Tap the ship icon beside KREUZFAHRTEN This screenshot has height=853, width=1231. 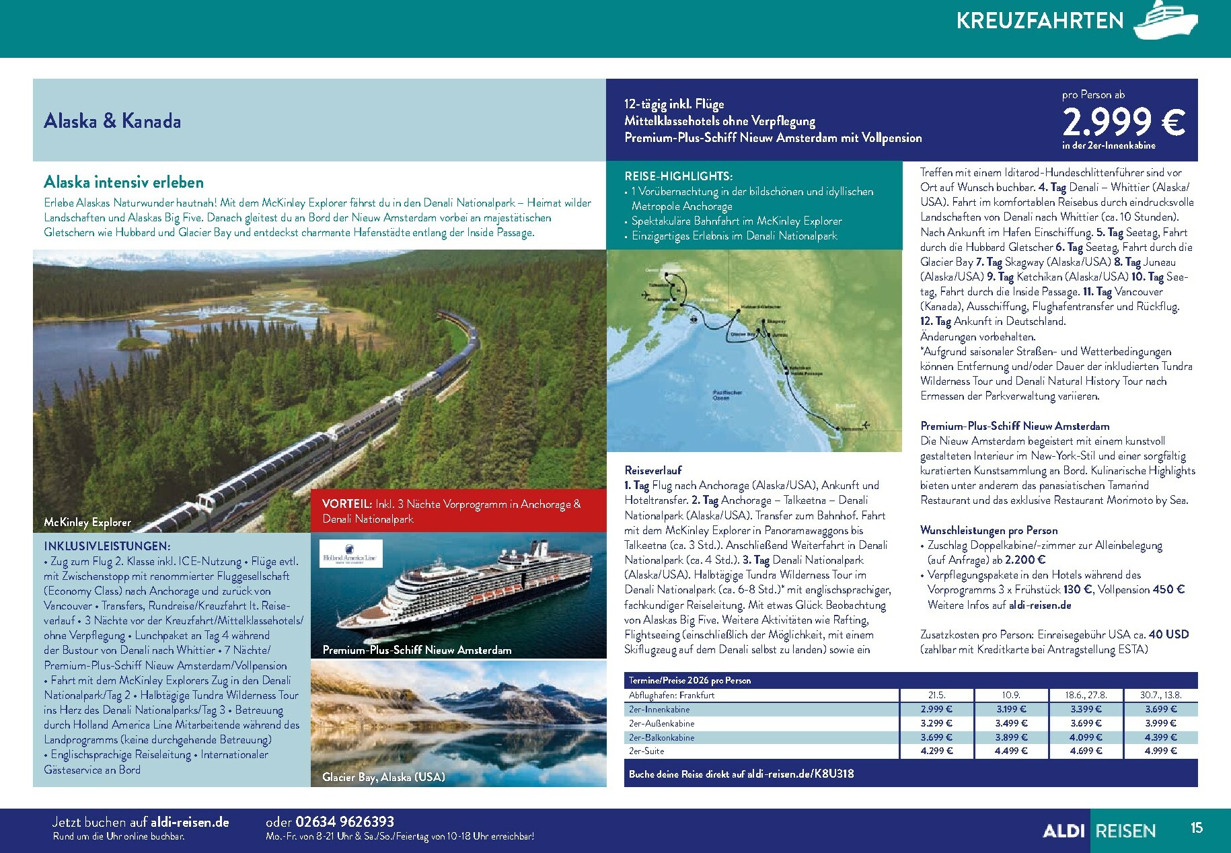tap(1166, 21)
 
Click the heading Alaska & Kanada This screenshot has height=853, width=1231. tap(112, 121)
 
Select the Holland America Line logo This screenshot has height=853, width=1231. tap(350, 553)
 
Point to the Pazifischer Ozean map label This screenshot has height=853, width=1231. tap(727, 395)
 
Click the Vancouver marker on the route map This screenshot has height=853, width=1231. tap(837, 428)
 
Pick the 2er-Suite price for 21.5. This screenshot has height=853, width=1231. tap(936, 751)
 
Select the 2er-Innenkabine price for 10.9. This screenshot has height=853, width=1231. tap(1011, 709)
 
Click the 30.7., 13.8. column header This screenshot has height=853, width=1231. tap(1160, 695)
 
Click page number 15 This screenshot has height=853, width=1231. tap(1196, 828)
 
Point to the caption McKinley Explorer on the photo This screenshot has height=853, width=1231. tap(87, 522)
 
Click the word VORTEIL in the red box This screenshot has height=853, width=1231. tap(347, 504)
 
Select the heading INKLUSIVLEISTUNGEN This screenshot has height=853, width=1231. tap(107, 546)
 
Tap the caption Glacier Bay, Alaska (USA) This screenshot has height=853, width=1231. tap(383, 777)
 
